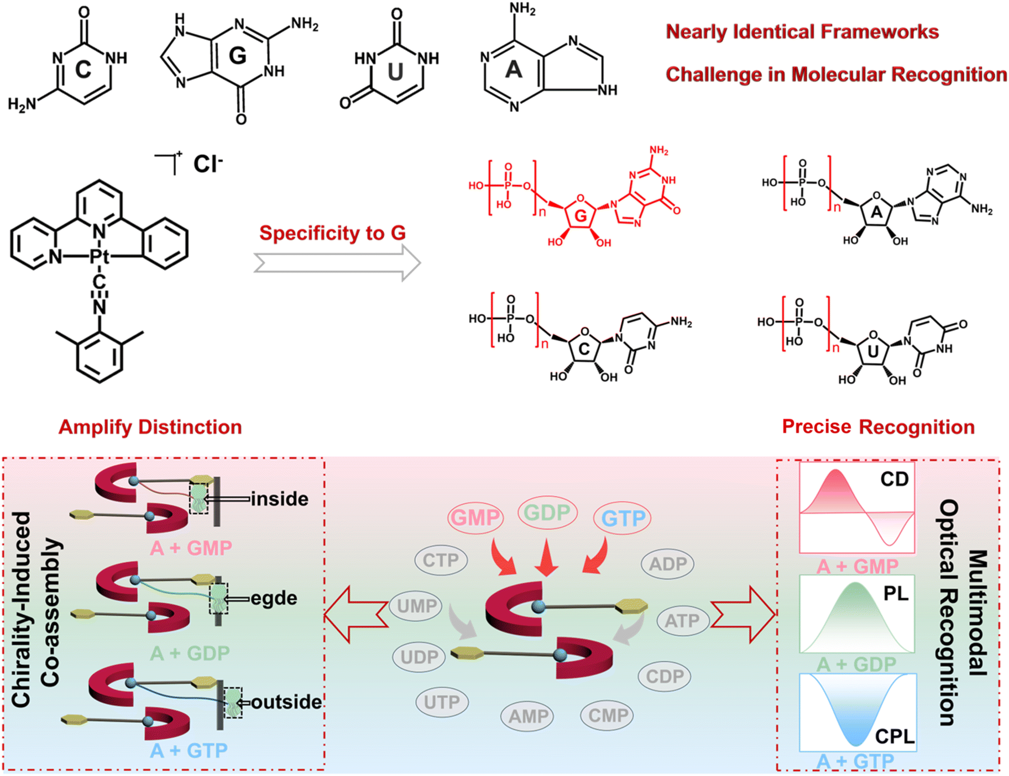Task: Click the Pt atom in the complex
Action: [x=100, y=256]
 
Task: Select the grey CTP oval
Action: [x=441, y=561]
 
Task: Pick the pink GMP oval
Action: [x=475, y=518]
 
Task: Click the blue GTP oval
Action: [x=623, y=518]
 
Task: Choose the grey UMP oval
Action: [x=416, y=606]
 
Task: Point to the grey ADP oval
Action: [x=667, y=564]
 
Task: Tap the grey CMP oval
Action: [x=608, y=716]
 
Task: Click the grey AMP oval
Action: [x=528, y=716]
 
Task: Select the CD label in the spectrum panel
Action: [x=894, y=479]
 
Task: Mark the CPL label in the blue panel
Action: [x=894, y=736]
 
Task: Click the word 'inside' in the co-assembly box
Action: [x=280, y=499]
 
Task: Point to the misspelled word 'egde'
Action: [x=274, y=598]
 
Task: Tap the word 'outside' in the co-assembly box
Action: [x=286, y=702]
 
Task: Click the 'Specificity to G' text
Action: [x=333, y=233]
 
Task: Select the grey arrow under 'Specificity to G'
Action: [x=337, y=263]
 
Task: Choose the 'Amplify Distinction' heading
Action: [x=150, y=427]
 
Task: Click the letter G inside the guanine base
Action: [x=237, y=55]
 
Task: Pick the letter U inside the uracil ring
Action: [x=395, y=72]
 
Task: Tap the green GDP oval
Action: [x=547, y=513]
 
